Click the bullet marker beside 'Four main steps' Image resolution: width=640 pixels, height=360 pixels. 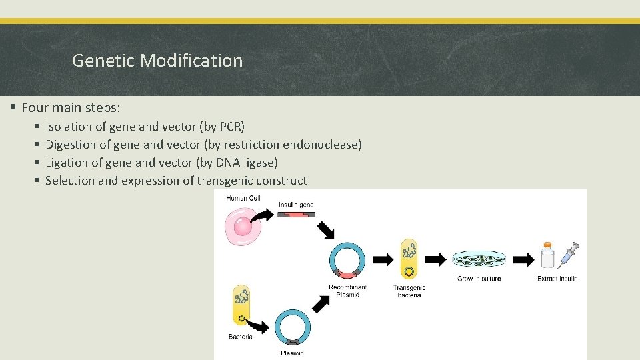13,107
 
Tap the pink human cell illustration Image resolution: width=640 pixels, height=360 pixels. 241,226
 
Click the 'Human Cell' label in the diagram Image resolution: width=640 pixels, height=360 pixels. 243,198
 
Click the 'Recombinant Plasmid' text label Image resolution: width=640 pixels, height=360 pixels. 347,291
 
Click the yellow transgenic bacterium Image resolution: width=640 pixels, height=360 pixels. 409,259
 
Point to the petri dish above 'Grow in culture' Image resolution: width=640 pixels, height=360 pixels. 479,260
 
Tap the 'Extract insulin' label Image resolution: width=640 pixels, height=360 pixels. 557,278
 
